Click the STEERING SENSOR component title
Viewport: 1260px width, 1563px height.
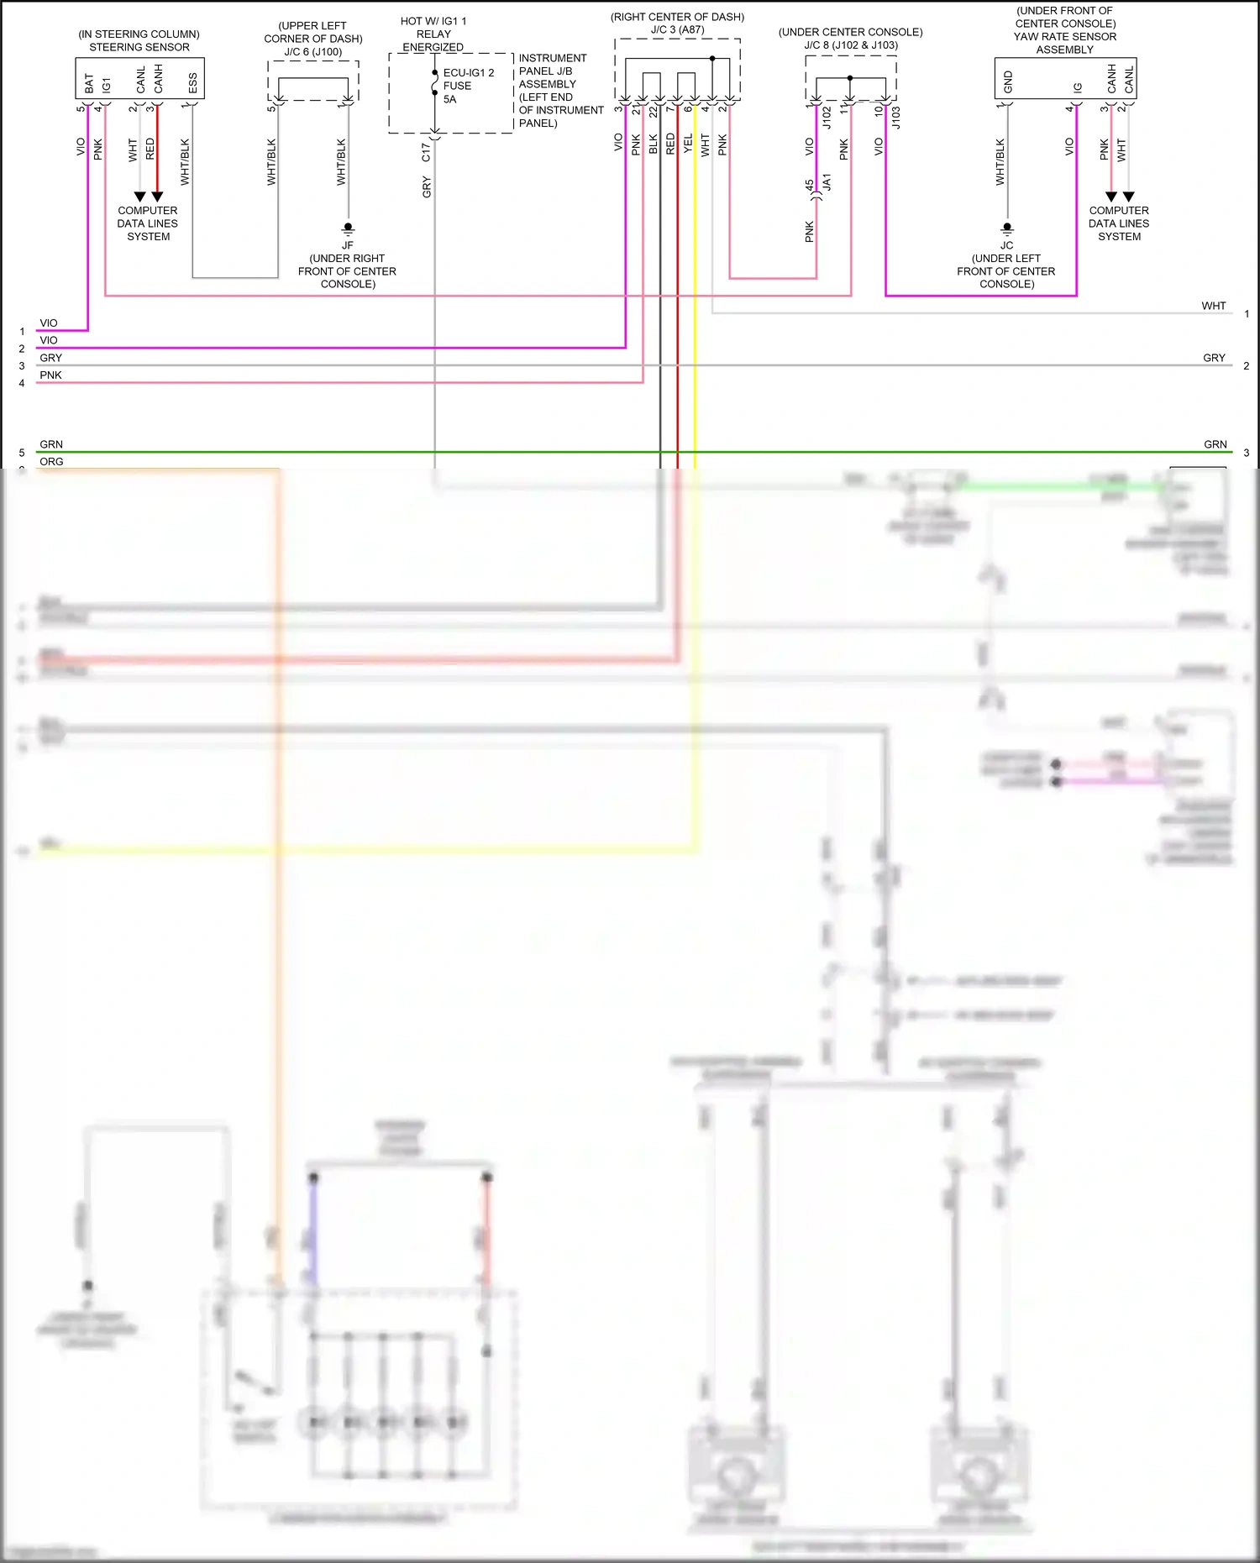coord(139,47)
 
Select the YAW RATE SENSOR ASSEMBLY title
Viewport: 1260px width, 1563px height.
coord(1064,43)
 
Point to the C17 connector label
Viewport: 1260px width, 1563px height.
coord(426,152)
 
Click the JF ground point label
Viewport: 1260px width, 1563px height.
coord(347,245)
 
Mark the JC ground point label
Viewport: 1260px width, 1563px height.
coord(1006,245)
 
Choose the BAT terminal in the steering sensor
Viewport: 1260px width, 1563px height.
coord(89,83)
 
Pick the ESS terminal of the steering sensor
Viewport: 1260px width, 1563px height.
coord(192,83)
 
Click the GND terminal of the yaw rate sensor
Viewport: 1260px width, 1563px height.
coord(1008,81)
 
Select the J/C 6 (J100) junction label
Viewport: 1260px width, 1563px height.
coord(313,52)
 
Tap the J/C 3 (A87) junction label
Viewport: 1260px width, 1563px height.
coord(677,29)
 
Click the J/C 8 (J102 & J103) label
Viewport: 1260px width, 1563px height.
coord(850,45)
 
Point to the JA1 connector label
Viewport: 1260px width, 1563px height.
coord(827,182)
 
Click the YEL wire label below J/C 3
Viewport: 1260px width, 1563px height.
coord(688,144)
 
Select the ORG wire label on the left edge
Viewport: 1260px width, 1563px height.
coord(51,462)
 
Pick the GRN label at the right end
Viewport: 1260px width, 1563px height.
coord(1215,444)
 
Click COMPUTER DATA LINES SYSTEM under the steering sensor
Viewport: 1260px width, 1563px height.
coord(148,223)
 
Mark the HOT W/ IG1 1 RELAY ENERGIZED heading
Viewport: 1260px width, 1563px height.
coord(433,34)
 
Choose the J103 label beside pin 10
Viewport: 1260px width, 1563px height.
coord(896,117)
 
